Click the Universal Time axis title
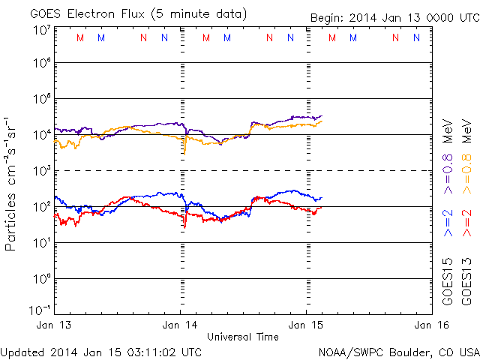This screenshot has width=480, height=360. point(242,337)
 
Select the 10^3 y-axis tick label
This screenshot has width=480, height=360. point(41,171)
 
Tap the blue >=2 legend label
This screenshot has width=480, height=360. point(448,222)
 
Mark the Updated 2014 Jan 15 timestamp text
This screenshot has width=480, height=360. point(101,351)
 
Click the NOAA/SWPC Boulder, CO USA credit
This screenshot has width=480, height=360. point(398,351)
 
